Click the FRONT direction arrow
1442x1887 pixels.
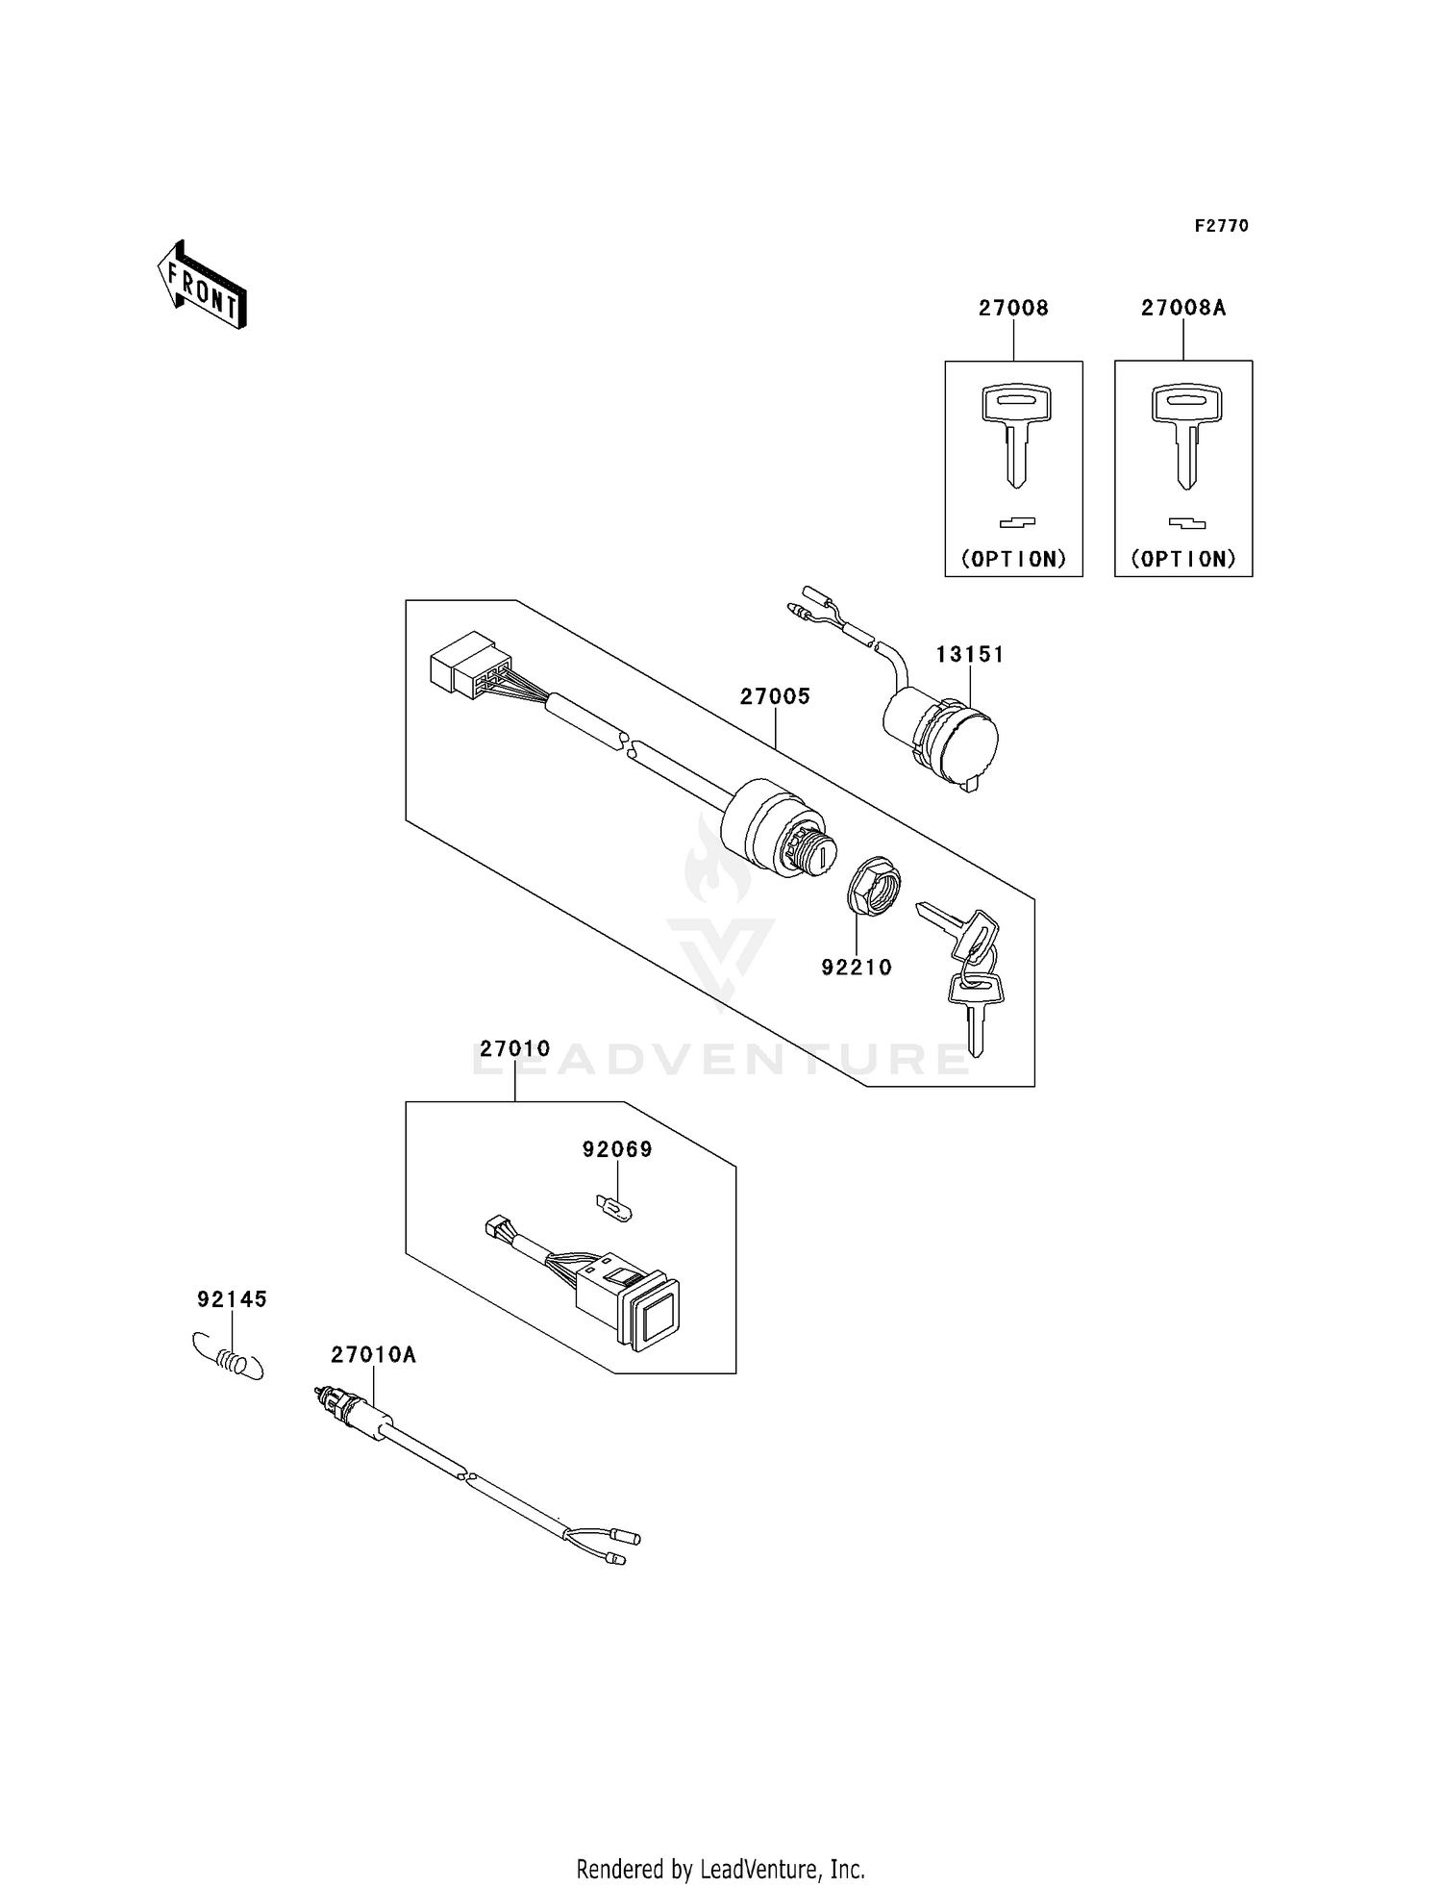pos(203,287)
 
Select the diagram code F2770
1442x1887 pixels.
pos(1221,226)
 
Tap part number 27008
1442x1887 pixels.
pos(1013,308)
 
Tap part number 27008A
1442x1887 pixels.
pos(1182,308)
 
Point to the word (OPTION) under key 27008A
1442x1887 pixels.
pos(1182,559)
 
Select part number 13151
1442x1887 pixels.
pos(969,654)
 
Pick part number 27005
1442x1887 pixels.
pos(775,696)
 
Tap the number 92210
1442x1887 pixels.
pos(856,968)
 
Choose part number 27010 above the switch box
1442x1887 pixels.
pos(514,1048)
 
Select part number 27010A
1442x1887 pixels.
pos(373,1355)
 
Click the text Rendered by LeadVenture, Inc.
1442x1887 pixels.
pos(720,1869)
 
